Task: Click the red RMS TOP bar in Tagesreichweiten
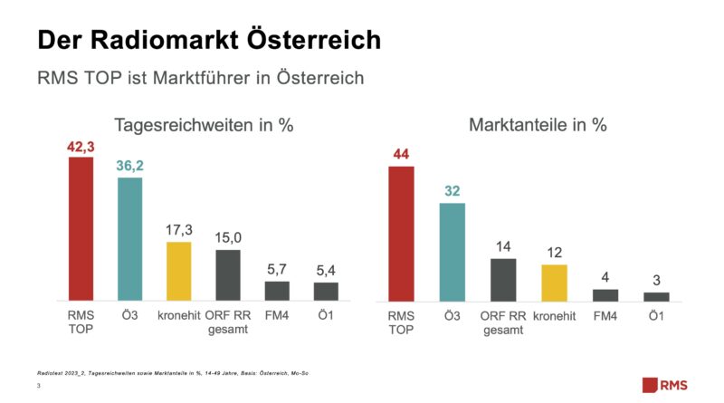click(81, 228)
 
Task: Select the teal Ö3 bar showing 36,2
click(130, 238)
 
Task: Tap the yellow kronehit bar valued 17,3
click(179, 271)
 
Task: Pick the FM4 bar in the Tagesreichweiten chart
click(277, 291)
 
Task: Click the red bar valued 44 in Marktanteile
click(401, 233)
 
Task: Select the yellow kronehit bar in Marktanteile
click(554, 283)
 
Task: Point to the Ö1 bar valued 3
click(656, 296)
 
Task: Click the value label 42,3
click(81, 147)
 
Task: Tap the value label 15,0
click(228, 238)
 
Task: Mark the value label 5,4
click(326, 270)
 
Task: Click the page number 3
click(39, 387)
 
